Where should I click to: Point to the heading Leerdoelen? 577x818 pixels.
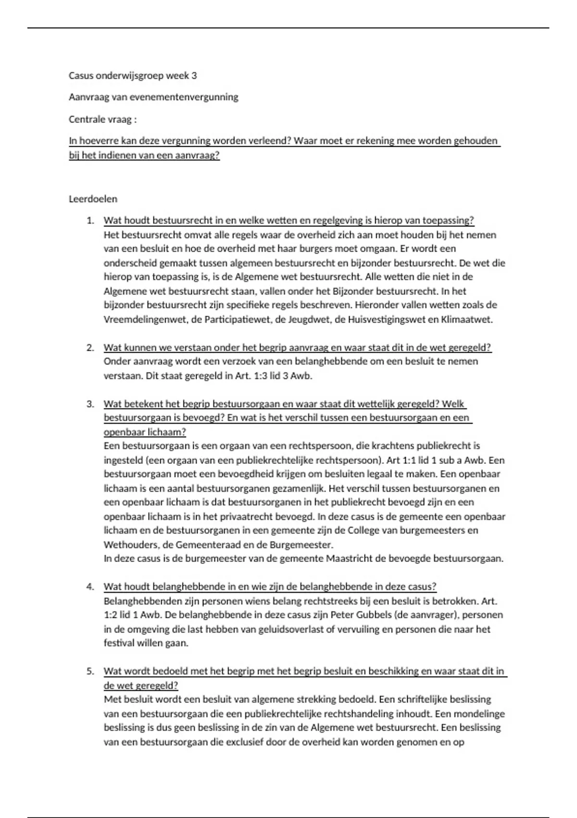[93, 199]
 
